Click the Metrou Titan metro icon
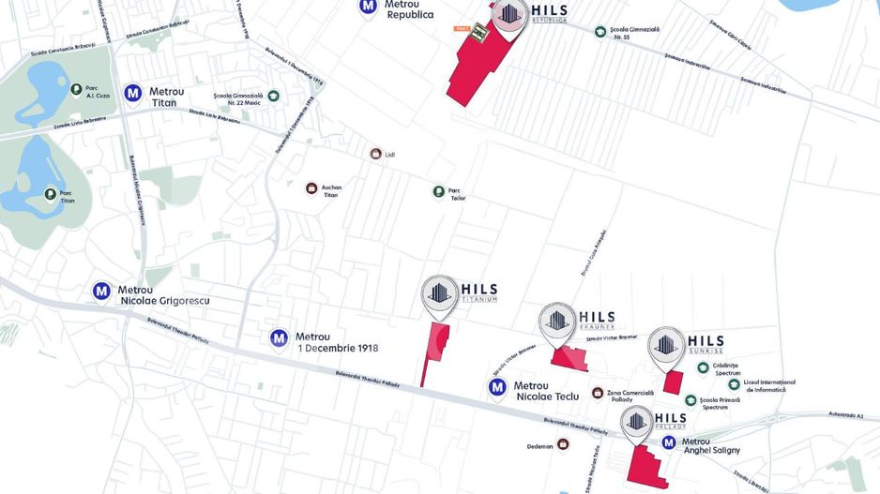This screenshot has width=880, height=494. [133, 94]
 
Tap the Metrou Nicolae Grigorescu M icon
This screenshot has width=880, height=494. [101, 292]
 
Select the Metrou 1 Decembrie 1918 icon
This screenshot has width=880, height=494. [279, 337]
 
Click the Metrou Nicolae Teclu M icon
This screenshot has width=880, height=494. [497, 386]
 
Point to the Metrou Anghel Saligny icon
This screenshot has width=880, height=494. [669, 442]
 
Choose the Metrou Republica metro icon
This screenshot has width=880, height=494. [369, 7]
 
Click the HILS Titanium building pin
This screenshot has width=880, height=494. [438, 293]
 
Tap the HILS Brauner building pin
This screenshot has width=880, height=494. [556, 321]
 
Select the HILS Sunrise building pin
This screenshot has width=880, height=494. [666, 344]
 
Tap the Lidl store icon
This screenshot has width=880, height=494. [375, 154]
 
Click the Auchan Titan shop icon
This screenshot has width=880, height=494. [311, 188]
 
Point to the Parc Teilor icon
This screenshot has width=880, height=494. [438, 192]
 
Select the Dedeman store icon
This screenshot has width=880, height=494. [563, 443]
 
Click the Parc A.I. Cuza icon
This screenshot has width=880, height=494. [77, 90]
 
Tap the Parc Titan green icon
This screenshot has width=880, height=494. [52, 195]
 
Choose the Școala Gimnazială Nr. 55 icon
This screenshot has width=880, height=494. [600, 32]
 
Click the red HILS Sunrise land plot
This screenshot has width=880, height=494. [672, 382]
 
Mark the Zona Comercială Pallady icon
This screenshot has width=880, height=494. [597, 393]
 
